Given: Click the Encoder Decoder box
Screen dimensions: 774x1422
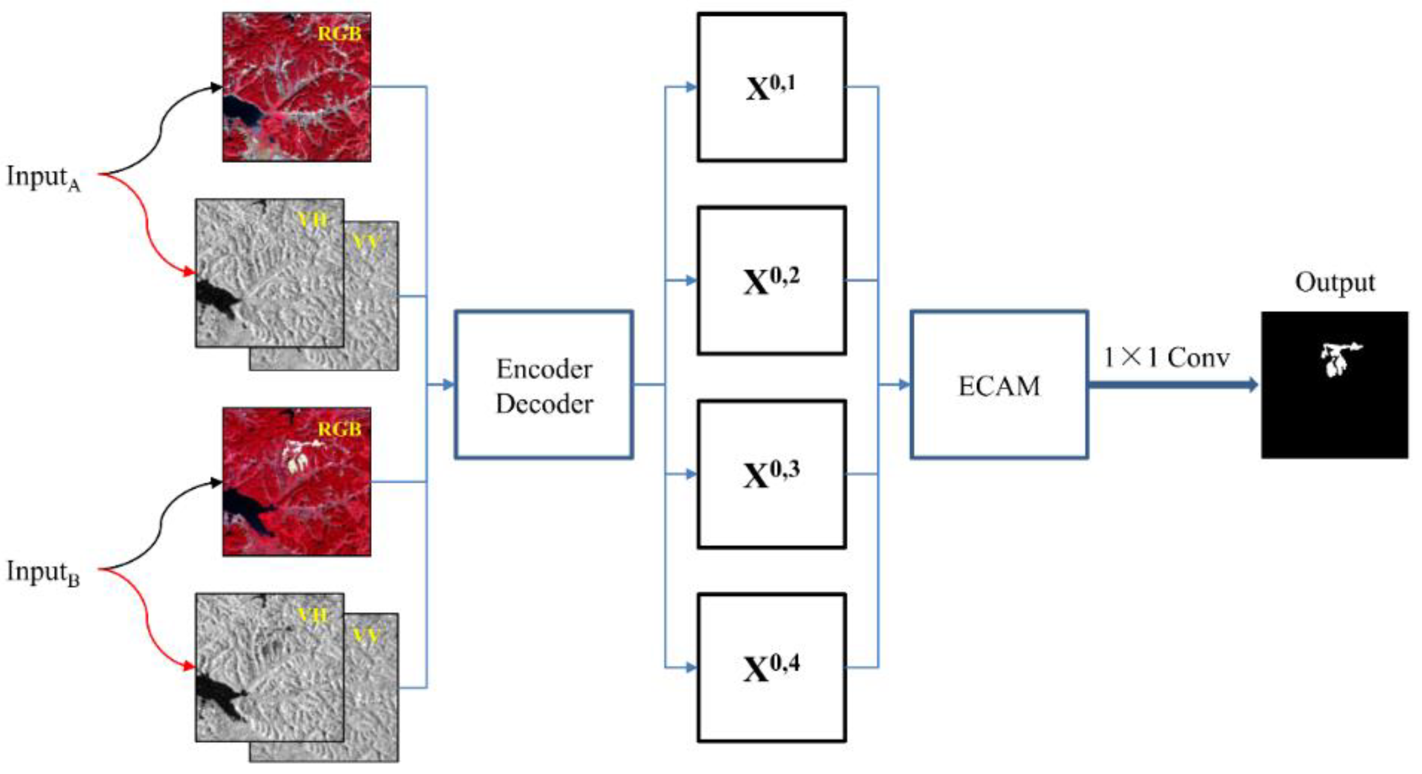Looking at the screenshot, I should tap(544, 385).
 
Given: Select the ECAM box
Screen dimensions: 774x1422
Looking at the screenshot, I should tap(999, 385).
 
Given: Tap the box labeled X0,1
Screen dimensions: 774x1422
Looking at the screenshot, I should tap(771, 87).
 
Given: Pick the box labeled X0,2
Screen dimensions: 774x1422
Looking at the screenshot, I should tap(771, 281).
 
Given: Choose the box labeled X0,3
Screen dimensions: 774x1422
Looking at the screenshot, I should tap(771, 474).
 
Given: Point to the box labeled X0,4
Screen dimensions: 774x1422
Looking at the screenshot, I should tap(771, 667).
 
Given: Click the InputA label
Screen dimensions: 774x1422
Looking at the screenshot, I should tap(43, 178).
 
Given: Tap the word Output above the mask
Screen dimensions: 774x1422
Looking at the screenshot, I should tap(1334, 283).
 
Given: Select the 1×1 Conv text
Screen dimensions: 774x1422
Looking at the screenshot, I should tap(1166, 358).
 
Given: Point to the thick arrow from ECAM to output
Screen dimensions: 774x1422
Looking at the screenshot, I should tap(1170, 385).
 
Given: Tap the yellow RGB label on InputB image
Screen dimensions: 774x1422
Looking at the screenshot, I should tap(339, 429).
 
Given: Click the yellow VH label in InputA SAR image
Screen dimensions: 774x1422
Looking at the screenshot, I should tap(312, 221).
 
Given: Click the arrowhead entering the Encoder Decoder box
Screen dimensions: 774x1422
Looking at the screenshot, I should tap(449, 385).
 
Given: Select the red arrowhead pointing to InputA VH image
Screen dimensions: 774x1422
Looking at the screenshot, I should tap(190, 272).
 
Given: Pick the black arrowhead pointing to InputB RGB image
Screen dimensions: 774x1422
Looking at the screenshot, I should tap(216, 483).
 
